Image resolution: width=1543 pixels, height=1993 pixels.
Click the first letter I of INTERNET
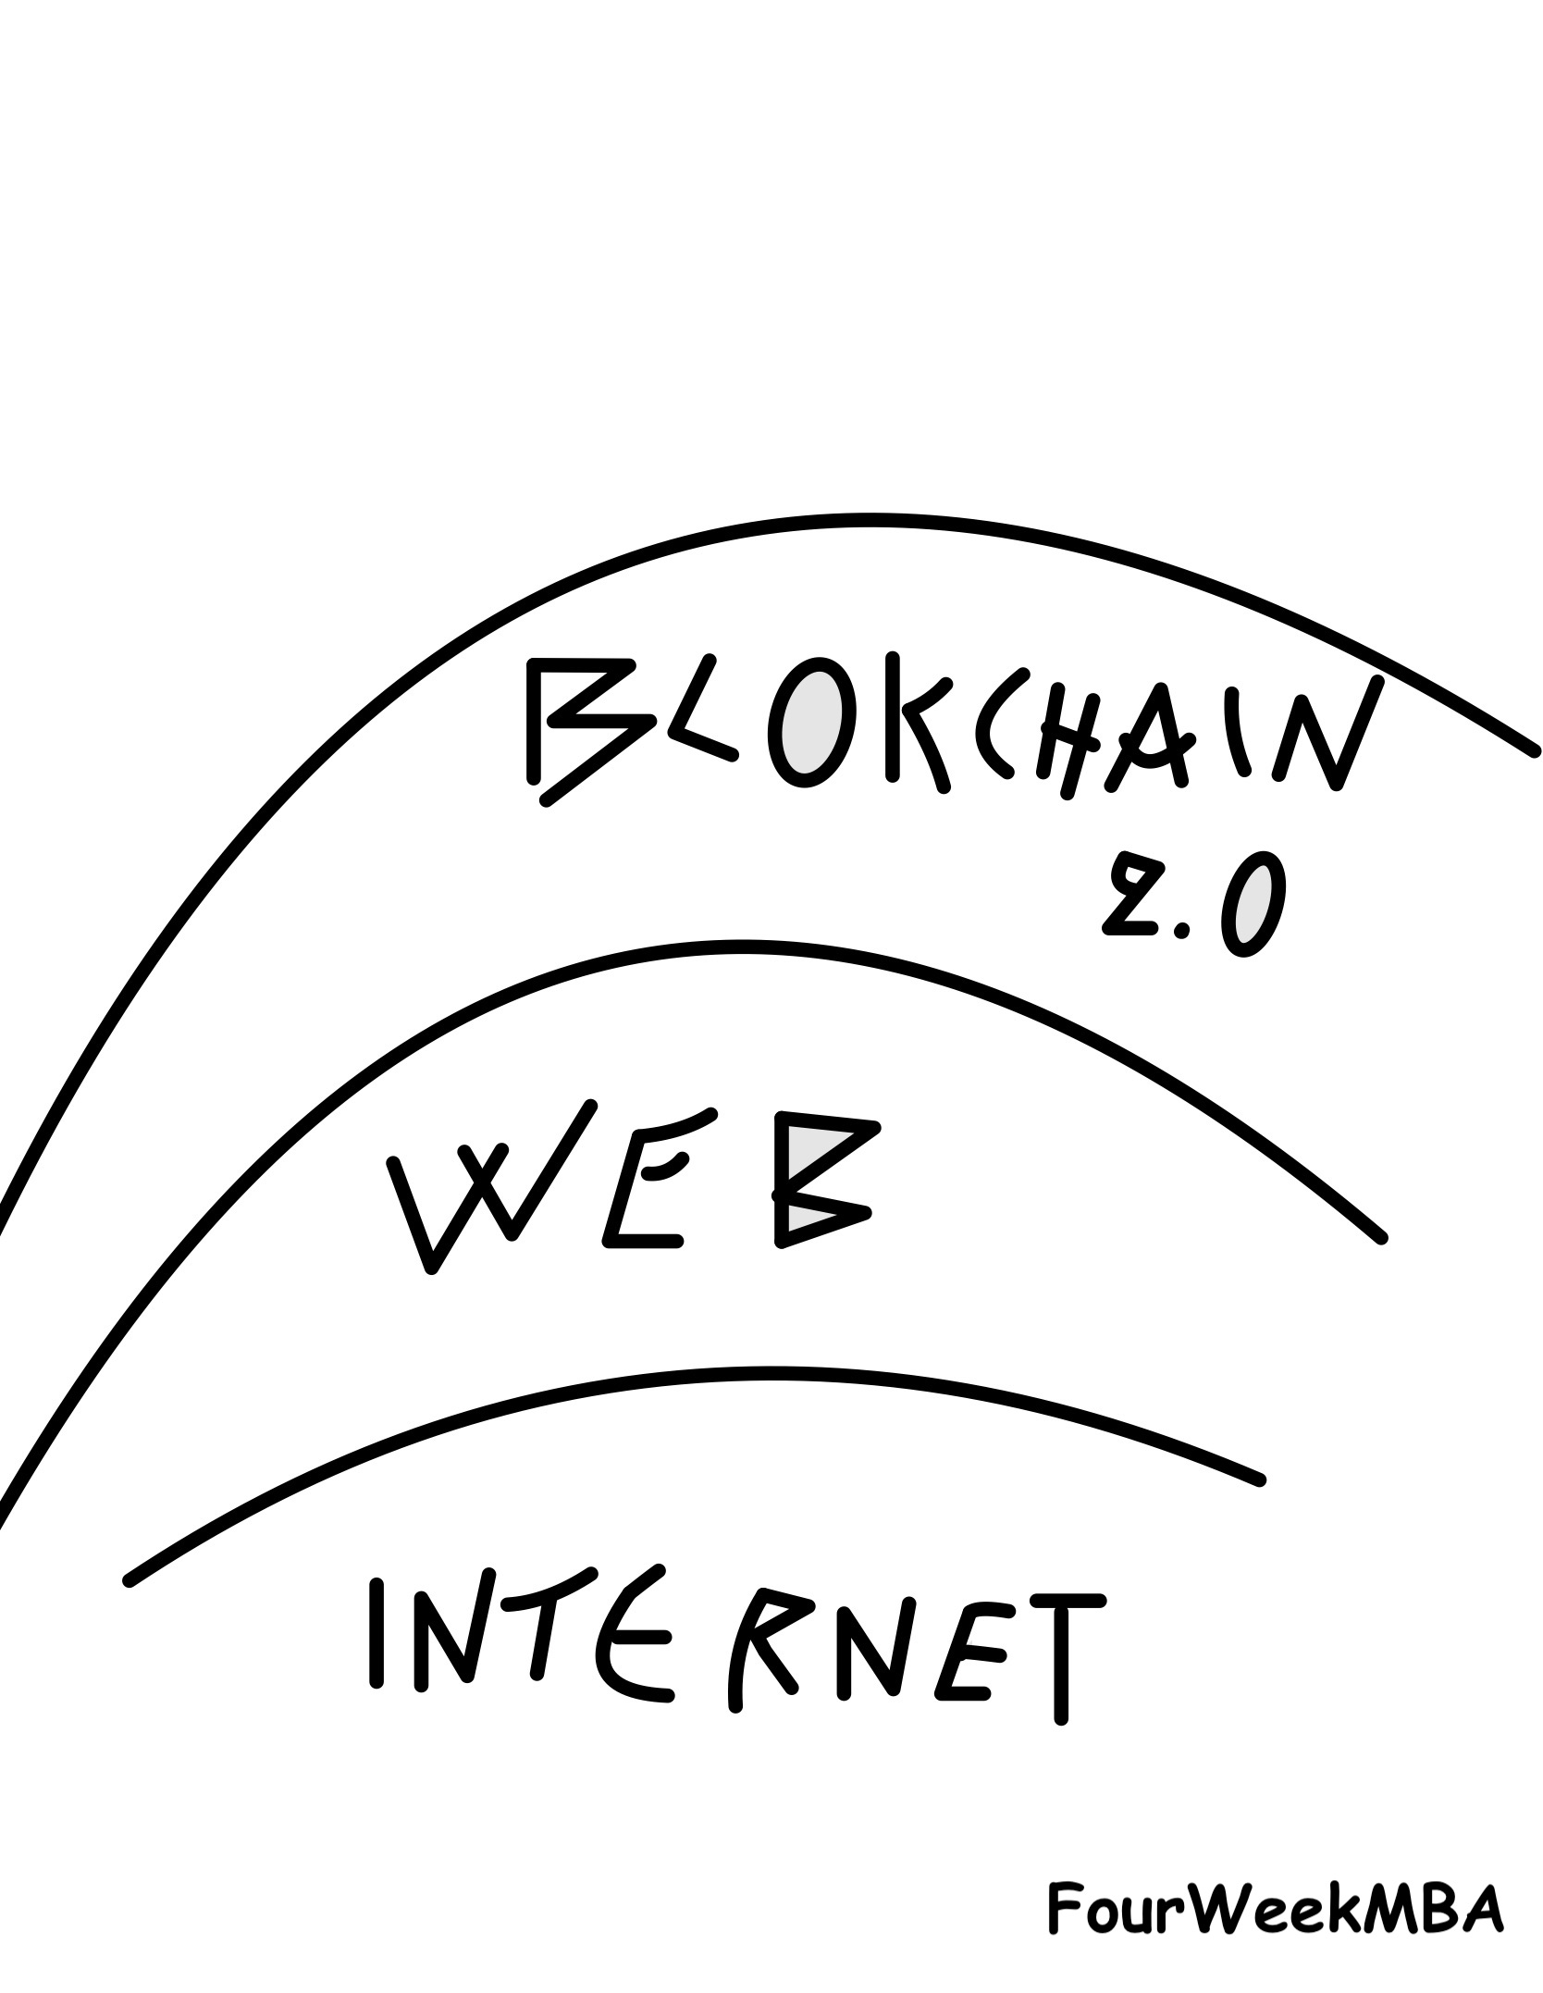pos(376,1633)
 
